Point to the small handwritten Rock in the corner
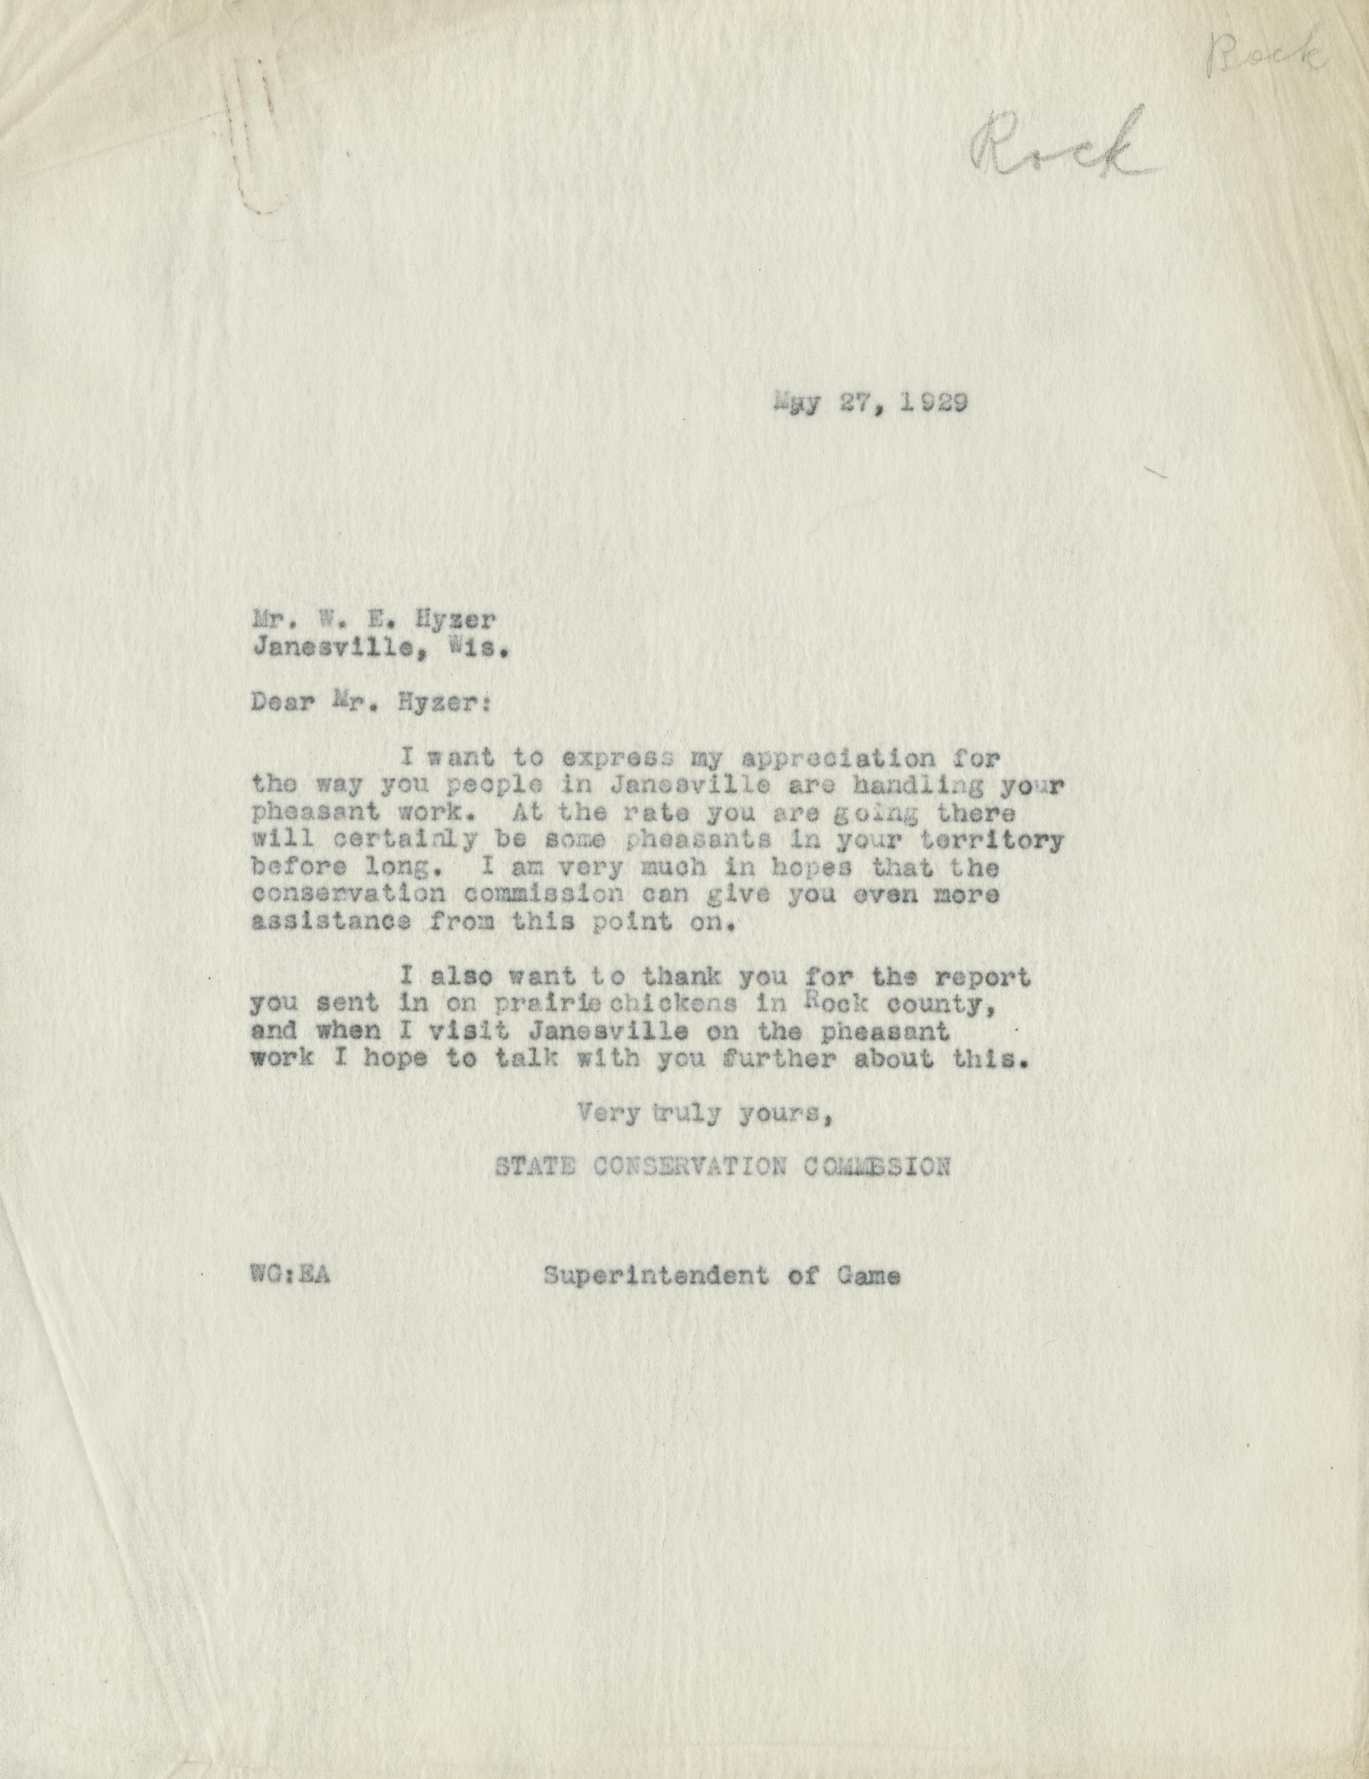(1267, 57)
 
